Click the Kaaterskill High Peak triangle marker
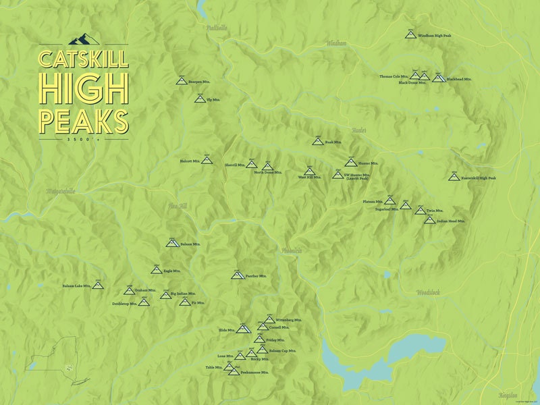point(454,177)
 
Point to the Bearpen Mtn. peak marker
point(181,81)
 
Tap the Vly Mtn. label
point(213,99)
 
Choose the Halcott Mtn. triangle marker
point(207,161)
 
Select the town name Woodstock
point(428,292)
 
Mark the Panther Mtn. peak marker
point(237,275)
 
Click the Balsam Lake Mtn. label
point(76,286)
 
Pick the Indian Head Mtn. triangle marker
point(429,220)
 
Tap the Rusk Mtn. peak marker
point(317,142)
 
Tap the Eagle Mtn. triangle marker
point(156,271)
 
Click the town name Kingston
point(509,395)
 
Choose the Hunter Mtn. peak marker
point(350,163)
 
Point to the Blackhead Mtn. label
point(459,79)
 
